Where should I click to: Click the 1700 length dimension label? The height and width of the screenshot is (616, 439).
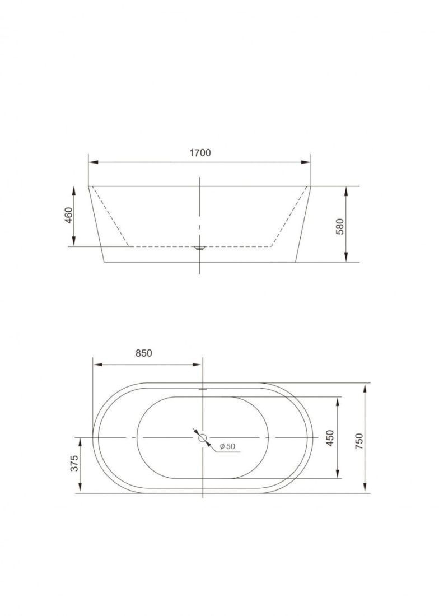click(x=200, y=152)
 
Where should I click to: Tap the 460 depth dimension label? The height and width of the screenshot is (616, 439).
click(x=69, y=215)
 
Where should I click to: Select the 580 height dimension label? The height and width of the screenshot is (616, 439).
click(x=340, y=226)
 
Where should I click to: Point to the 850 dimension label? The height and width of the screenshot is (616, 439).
click(x=144, y=353)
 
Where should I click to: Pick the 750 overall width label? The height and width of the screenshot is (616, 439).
click(x=359, y=442)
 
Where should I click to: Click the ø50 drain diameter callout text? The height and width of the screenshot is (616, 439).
click(x=227, y=446)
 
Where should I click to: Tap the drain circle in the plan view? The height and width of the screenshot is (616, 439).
click(x=203, y=438)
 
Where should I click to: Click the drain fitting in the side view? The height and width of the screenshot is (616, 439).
click(x=200, y=248)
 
